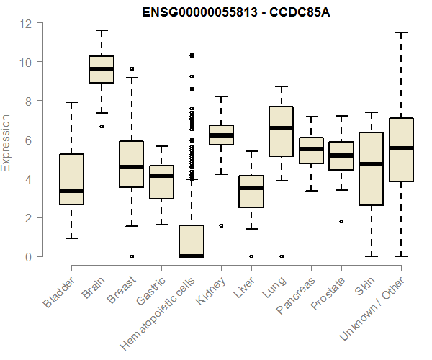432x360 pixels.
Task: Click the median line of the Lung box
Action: [x=281, y=128]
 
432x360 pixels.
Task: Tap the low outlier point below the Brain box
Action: [x=102, y=126]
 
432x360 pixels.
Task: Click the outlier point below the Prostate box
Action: [x=341, y=221]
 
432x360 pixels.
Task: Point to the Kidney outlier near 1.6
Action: [x=221, y=225]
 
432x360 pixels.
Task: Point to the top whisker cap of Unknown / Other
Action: [x=401, y=32]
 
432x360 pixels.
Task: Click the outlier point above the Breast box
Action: [x=132, y=69]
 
